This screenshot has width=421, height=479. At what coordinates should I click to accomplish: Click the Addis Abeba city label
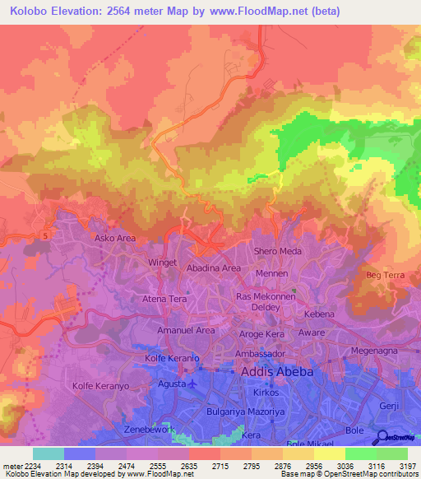(x=277, y=372)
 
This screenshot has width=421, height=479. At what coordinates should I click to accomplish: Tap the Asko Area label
(x=114, y=239)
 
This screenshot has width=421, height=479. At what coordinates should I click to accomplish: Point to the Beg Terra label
(x=385, y=274)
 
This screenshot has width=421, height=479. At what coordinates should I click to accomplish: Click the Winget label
(x=161, y=263)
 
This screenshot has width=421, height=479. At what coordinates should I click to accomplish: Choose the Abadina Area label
(x=213, y=268)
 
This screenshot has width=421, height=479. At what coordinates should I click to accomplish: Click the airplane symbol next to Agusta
(x=192, y=384)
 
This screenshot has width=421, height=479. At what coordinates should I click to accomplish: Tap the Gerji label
(x=389, y=407)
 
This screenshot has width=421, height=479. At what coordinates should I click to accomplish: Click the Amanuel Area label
(x=186, y=330)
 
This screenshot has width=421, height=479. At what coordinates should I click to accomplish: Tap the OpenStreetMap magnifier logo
(x=381, y=437)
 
